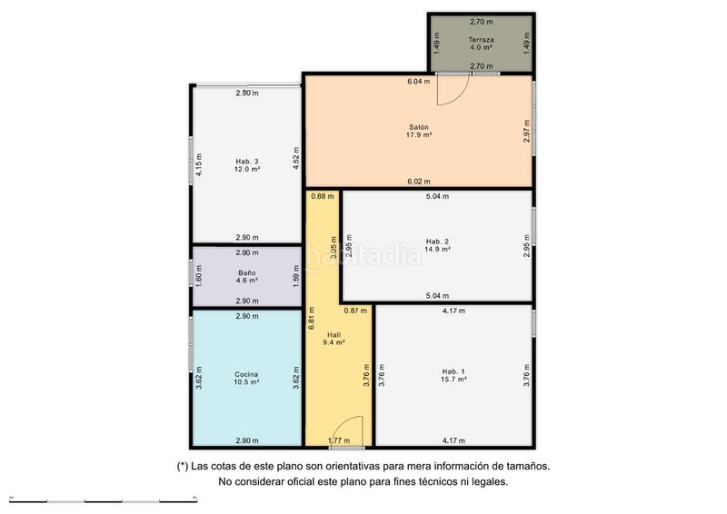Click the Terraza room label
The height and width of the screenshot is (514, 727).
(481, 40)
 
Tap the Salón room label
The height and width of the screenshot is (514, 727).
(419, 127)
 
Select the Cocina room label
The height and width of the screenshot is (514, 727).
(246, 374)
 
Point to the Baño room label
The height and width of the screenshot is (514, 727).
(246, 273)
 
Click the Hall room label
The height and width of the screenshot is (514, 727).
(334, 335)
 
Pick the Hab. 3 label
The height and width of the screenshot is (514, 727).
(246, 162)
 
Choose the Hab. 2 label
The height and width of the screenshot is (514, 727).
(437, 242)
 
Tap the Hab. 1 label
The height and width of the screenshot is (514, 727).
(453, 371)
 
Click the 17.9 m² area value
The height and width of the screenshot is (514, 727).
(419, 135)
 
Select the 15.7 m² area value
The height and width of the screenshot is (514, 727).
(453, 379)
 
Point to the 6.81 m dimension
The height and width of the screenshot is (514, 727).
(311, 319)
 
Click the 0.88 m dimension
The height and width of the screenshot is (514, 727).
(323, 196)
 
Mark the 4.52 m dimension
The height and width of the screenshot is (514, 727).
(296, 158)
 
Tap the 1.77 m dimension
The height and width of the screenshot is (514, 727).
(339, 440)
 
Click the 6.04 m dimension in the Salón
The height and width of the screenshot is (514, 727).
(419, 82)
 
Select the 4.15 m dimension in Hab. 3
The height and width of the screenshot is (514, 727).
(198, 164)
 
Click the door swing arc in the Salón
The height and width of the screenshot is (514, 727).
(463, 96)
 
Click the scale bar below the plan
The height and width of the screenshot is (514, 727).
(104, 501)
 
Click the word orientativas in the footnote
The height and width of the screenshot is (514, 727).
(353, 466)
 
